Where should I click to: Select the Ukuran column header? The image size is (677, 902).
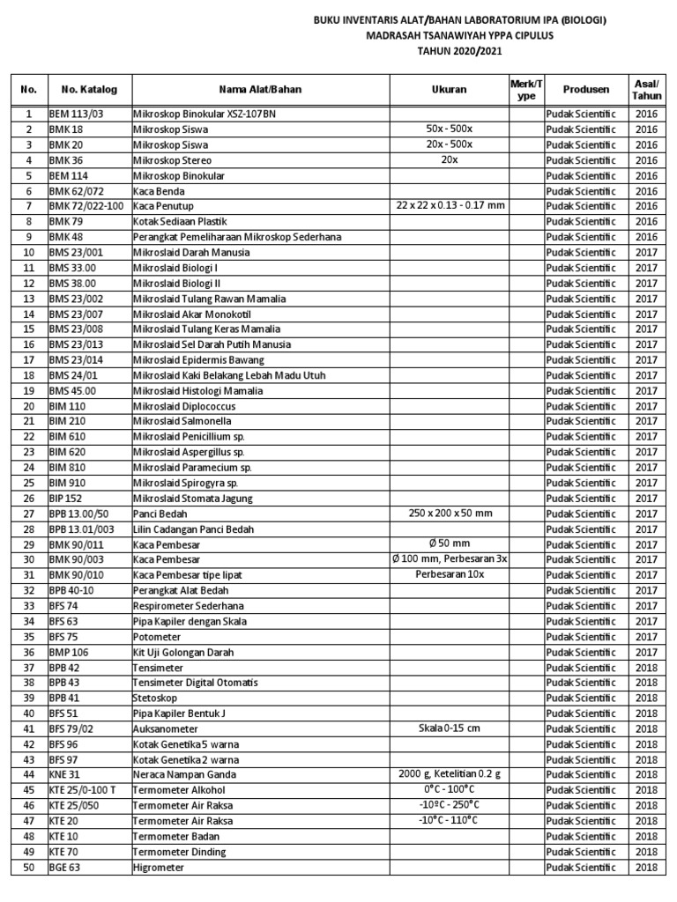click(449, 89)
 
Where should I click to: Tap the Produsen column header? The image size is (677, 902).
click(586, 89)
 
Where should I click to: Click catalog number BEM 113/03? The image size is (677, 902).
click(76, 114)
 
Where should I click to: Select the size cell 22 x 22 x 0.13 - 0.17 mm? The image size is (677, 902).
click(449, 205)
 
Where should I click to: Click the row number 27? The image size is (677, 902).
click(28, 514)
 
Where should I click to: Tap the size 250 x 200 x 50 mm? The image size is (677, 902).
click(449, 513)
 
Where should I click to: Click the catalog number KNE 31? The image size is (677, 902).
click(64, 774)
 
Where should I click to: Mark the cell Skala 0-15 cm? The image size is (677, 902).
click(449, 728)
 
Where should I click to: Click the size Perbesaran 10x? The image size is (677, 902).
click(449, 574)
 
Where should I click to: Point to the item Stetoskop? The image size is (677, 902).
click(155, 698)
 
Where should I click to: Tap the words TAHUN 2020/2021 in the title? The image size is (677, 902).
click(450, 52)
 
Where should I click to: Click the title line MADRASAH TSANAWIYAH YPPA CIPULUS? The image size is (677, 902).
click(450, 36)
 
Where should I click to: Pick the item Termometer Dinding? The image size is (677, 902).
click(179, 852)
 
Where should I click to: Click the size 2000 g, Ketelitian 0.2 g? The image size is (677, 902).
click(449, 774)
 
